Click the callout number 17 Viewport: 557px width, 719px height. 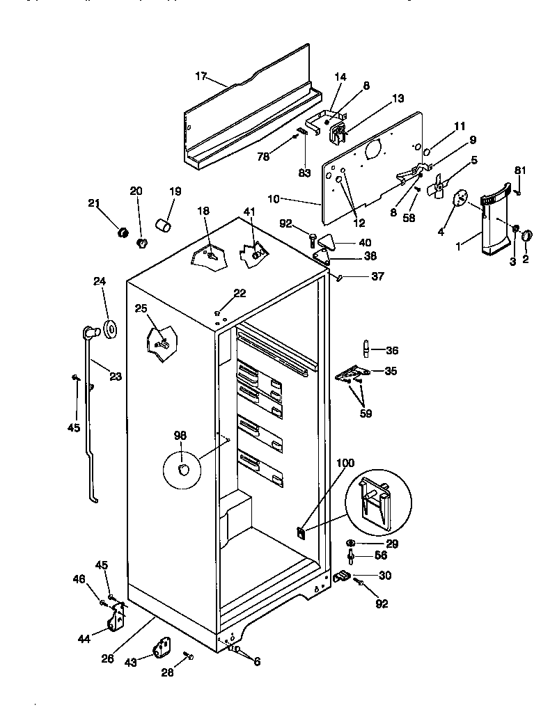(201, 76)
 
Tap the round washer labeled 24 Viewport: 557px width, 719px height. (110, 329)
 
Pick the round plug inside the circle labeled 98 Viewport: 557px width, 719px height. (183, 471)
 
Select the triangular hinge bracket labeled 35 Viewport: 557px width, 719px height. (352, 374)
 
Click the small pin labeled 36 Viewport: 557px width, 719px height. (365, 348)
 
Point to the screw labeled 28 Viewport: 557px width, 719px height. (189, 655)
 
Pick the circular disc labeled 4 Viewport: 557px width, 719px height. (460, 198)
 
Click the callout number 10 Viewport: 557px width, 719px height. (273, 199)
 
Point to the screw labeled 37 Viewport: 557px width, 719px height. (339, 278)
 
